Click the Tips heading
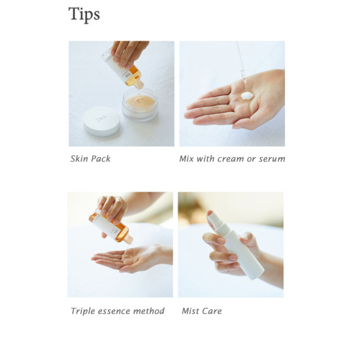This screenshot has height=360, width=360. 84,14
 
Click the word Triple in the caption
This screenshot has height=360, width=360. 83,312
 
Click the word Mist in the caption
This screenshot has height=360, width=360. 190,311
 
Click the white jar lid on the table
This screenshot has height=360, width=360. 102,121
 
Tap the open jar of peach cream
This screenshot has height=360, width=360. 139,104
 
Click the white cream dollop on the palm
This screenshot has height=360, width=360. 247,96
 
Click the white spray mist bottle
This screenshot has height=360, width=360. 236,246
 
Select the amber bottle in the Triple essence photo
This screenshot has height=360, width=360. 111,227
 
